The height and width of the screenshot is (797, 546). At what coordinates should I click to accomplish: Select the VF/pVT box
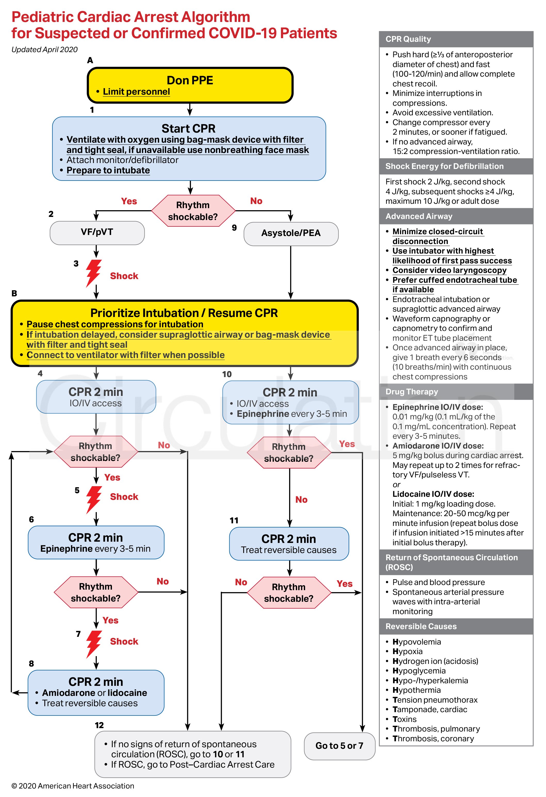(x=97, y=232)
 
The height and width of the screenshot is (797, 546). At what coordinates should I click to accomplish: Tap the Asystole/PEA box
(x=291, y=233)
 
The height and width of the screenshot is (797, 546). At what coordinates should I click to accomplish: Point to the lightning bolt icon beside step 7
(x=93, y=644)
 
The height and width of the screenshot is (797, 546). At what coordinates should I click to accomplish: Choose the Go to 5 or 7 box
(x=339, y=746)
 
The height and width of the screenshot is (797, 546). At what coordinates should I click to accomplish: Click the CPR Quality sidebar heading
(x=408, y=39)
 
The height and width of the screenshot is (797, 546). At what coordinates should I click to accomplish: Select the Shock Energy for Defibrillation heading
(x=444, y=166)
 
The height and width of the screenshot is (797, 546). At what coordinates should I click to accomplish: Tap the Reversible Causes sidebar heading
(x=421, y=627)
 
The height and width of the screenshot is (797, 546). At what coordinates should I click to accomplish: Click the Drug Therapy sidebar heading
(x=412, y=392)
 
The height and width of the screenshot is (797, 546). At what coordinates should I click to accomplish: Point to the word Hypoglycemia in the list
(x=419, y=671)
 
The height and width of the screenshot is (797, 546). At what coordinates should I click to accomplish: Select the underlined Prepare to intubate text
(x=108, y=170)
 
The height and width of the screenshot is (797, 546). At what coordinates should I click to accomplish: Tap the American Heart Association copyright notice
(x=73, y=786)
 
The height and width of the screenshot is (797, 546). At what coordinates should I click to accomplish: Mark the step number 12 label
(x=99, y=725)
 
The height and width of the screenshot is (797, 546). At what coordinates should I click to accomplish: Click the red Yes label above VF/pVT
(x=129, y=201)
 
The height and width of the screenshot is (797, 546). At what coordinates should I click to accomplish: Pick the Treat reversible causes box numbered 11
(x=289, y=544)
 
